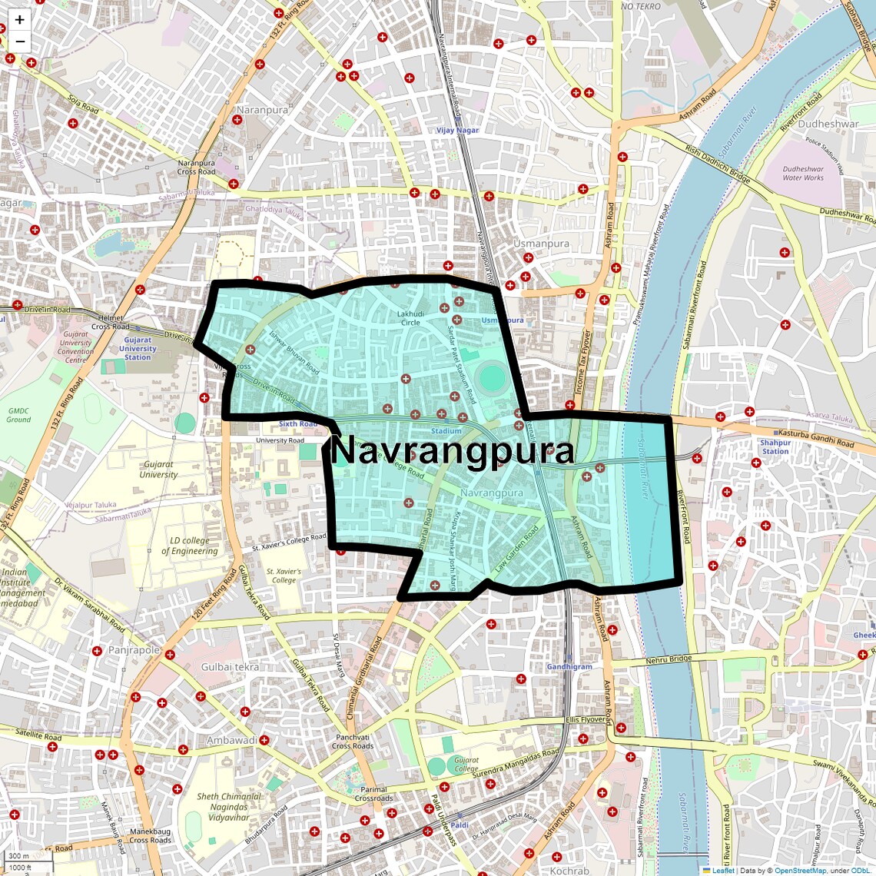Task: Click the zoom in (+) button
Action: (x=19, y=20)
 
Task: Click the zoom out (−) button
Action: (x=19, y=41)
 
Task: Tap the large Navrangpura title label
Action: (x=452, y=451)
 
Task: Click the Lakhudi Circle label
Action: (x=410, y=318)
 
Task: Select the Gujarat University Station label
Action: (x=138, y=348)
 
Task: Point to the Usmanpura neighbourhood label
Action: (x=541, y=244)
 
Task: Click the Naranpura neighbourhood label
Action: (x=262, y=110)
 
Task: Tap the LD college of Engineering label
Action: (x=189, y=546)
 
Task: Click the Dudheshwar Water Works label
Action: (x=803, y=173)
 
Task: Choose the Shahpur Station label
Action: (x=775, y=446)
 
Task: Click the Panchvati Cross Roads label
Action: (x=353, y=742)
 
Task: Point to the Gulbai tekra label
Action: (x=230, y=667)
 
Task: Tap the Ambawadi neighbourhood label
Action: (x=231, y=740)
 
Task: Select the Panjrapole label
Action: (x=134, y=650)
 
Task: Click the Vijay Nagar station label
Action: (x=457, y=130)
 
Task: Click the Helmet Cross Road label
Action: (x=111, y=322)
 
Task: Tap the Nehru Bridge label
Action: (x=669, y=659)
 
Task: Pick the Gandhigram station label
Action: (x=569, y=666)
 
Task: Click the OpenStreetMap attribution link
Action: (x=799, y=871)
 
